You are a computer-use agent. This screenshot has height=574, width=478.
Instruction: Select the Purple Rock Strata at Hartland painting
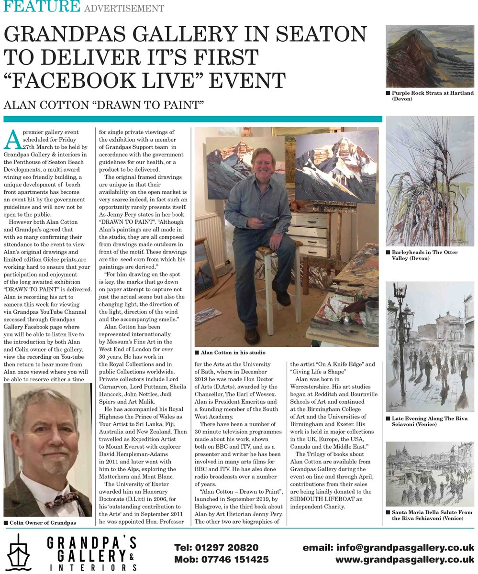click(430, 56)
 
